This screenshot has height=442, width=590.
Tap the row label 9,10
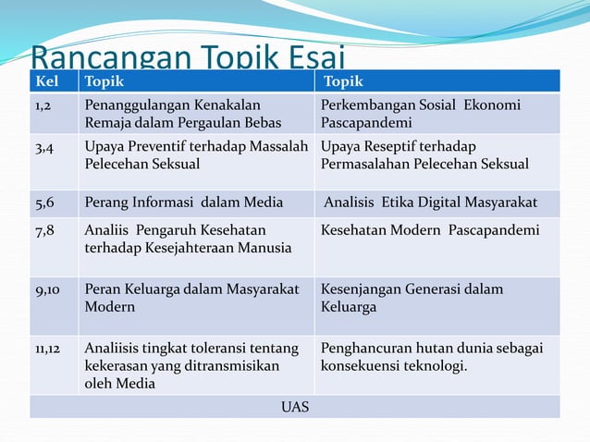(x=47, y=289)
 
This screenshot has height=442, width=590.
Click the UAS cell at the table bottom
(x=295, y=407)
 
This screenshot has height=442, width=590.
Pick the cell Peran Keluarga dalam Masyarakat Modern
(x=191, y=298)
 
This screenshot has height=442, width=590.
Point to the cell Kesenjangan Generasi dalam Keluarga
(x=412, y=298)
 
